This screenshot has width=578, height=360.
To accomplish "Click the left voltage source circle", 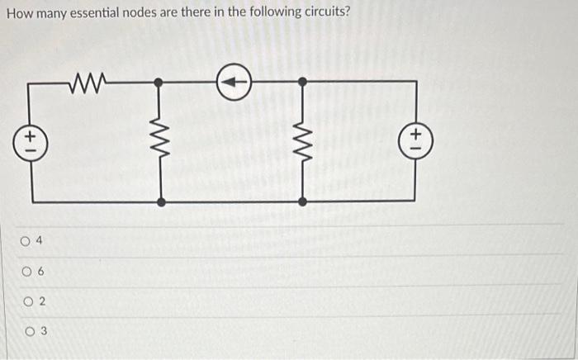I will (x=32, y=141).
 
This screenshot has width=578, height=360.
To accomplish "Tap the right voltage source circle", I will (x=419, y=140).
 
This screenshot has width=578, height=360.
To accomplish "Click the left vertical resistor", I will (x=160, y=141).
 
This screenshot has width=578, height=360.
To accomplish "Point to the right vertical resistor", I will (x=302, y=141).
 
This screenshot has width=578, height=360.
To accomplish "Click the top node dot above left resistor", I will (x=160, y=82).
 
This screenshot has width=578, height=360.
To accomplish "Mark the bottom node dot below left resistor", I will (x=160, y=201).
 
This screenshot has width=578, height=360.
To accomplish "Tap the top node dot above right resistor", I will (x=302, y=82).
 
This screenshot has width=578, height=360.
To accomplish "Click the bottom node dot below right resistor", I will (x=302, y=201).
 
